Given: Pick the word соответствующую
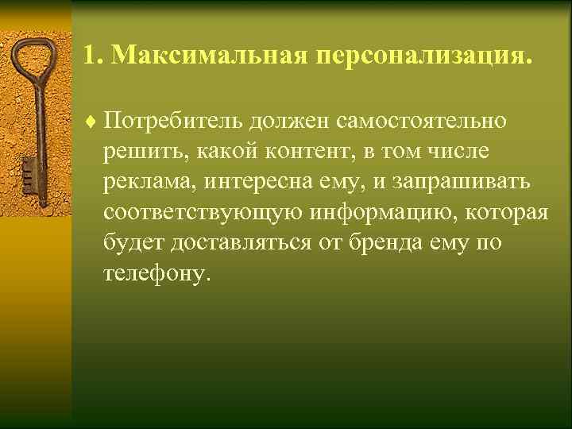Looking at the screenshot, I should point(190,213).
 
